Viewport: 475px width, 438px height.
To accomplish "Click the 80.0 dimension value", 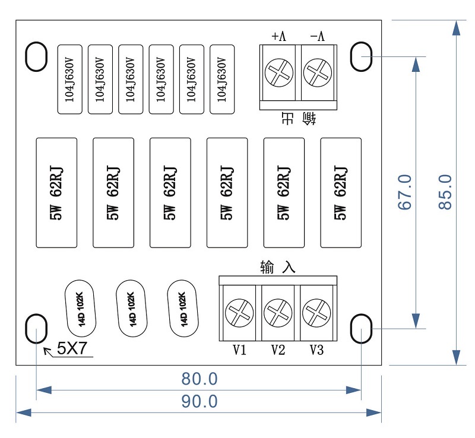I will [x=199, y=379].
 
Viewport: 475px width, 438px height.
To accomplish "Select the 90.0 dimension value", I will [x=199, y=402].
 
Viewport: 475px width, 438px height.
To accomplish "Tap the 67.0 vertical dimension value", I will [x=406, y=192].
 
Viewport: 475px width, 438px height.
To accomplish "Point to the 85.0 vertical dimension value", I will [x=445, y=192].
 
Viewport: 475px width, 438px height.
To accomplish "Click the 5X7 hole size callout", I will [x=72, y=349].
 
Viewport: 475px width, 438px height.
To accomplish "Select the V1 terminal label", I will [x=239, y=350].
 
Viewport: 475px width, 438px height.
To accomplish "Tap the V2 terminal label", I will [x=278, y=350].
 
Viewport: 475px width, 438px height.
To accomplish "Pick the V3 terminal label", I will [x=316, y=350].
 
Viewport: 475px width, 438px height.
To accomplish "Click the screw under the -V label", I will [x=317, y=74].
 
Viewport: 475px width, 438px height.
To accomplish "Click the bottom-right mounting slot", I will [x=361, y=328].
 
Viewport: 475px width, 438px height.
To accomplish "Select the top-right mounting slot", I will [x=361, y=56].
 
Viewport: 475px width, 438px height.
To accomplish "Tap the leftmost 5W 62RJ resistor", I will [x=57, y=192].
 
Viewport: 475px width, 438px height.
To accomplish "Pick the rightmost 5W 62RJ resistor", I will [x=341, y=192].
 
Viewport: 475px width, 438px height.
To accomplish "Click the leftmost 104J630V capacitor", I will [x=70, y=79].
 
